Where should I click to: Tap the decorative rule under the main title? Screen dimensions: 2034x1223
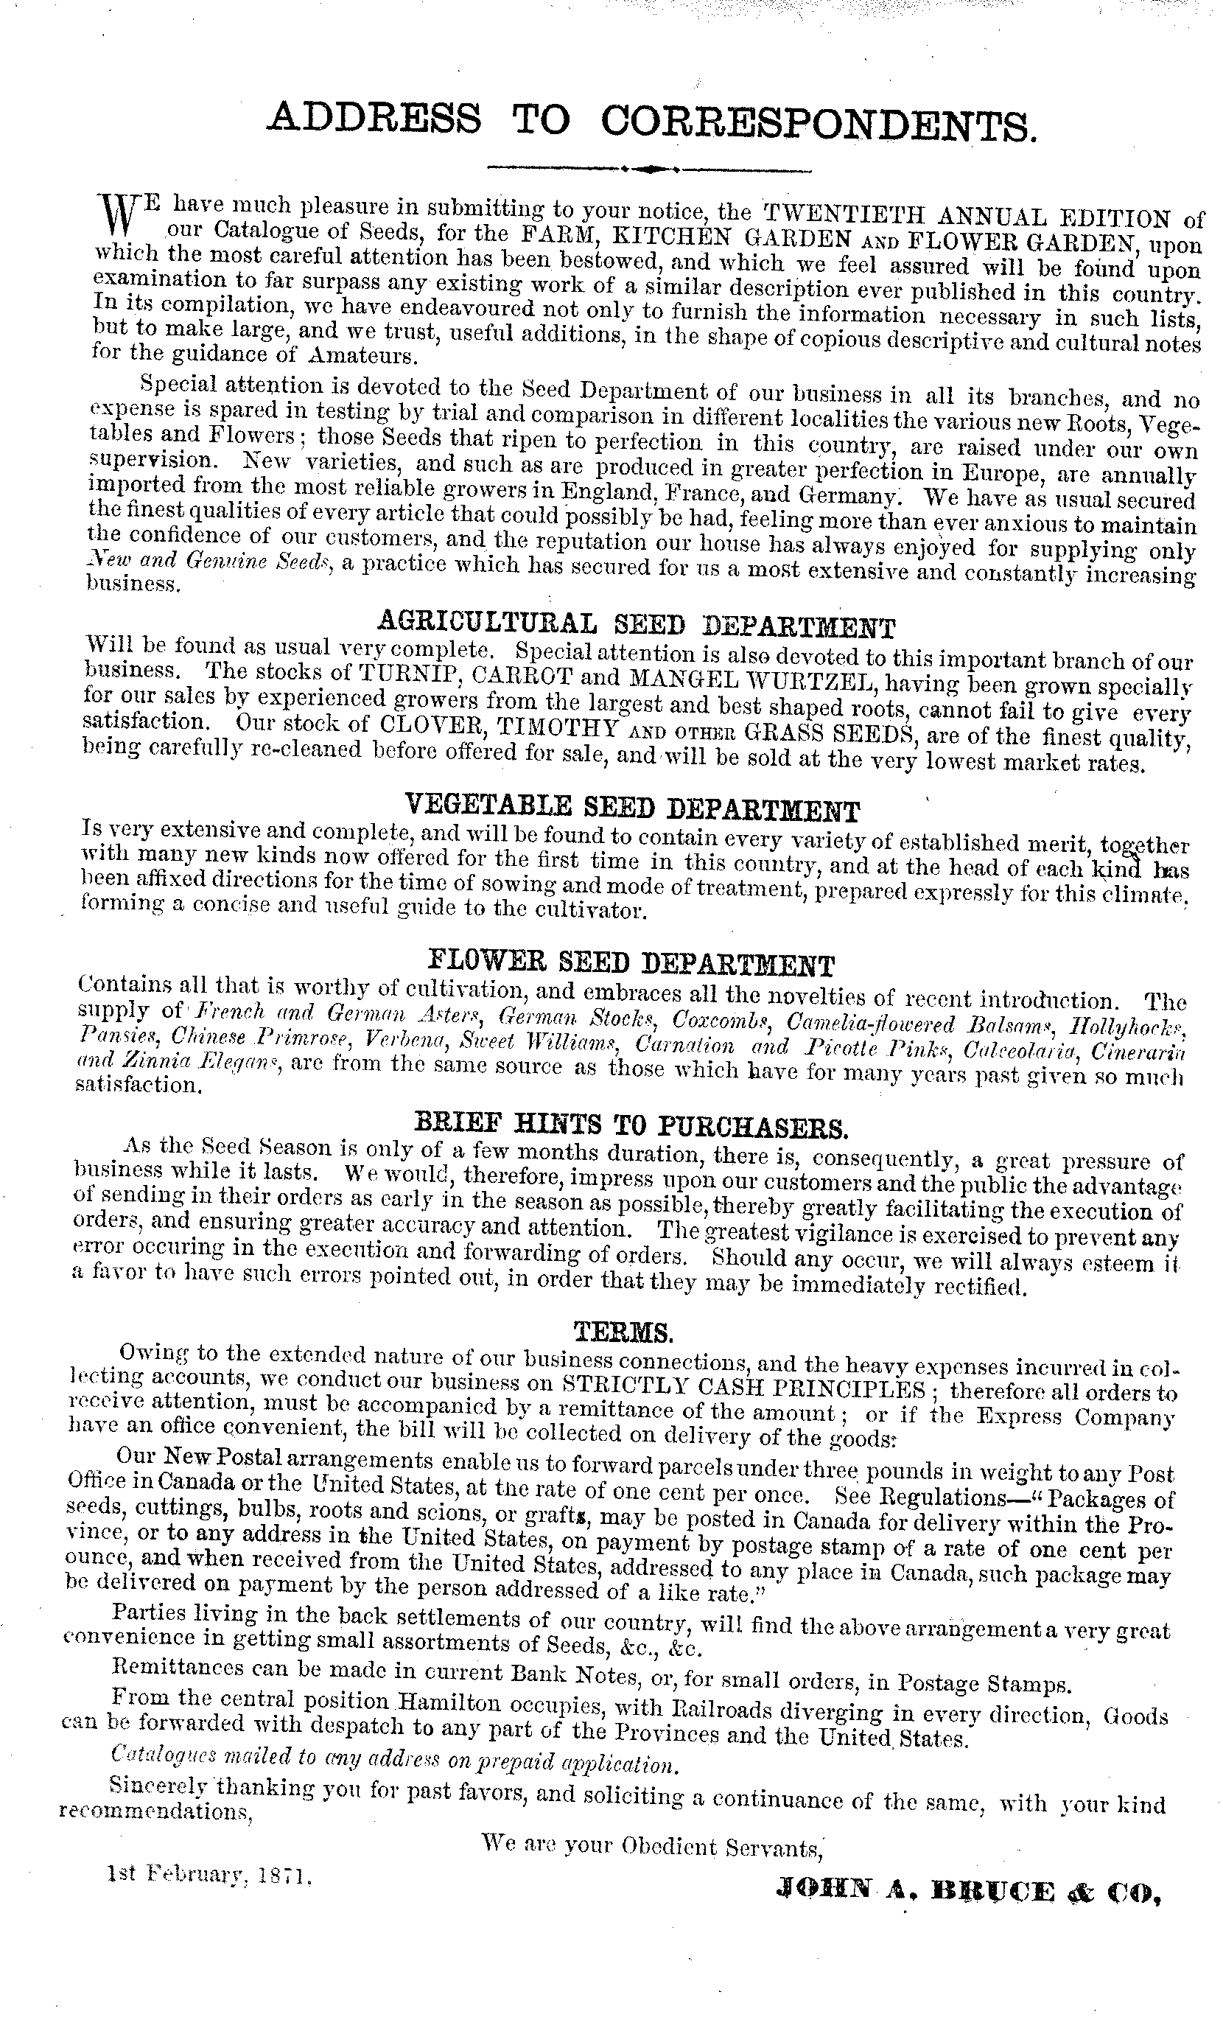click(x=649, y=169)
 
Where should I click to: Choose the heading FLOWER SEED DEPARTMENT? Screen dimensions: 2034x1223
click(x=632, y=962)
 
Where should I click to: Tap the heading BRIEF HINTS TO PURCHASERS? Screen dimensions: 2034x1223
click(x=632, y=1124)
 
